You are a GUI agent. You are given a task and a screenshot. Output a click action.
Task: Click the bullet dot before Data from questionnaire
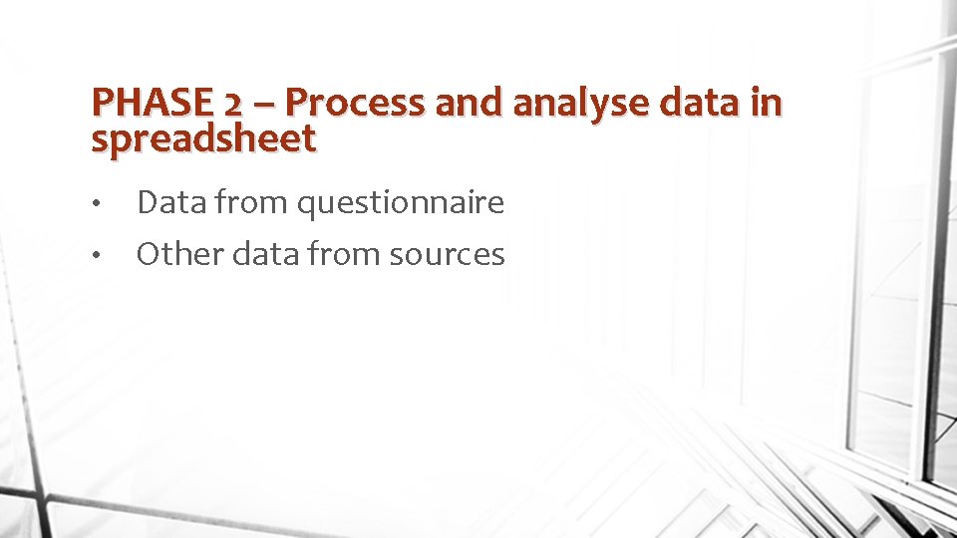(95, 205)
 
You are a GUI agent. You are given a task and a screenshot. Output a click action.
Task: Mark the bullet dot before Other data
(95, 257)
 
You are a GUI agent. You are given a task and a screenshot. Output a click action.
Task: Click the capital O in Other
(149, 254)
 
